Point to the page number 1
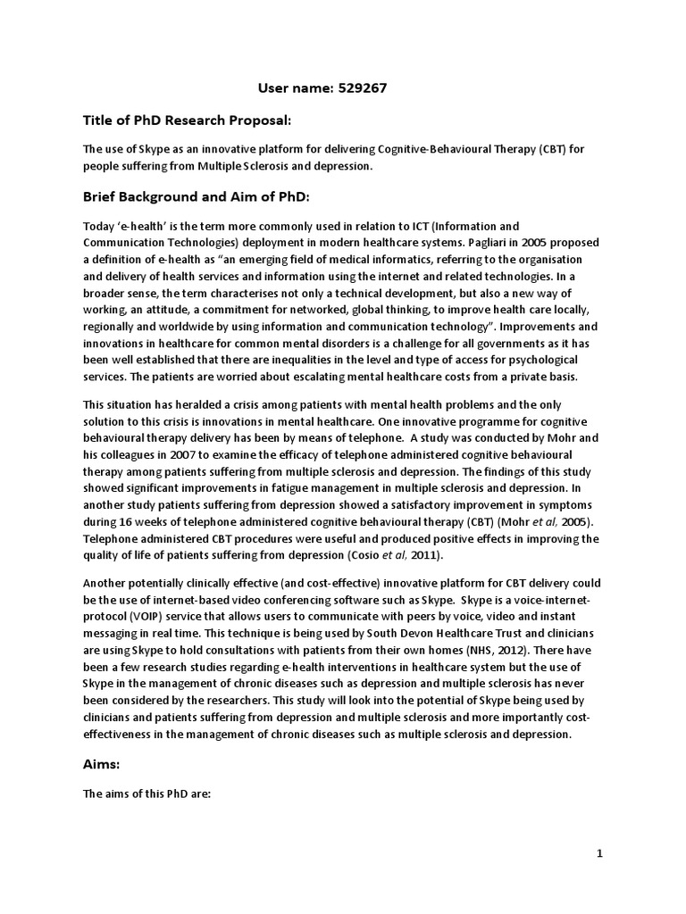click(600, 854)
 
